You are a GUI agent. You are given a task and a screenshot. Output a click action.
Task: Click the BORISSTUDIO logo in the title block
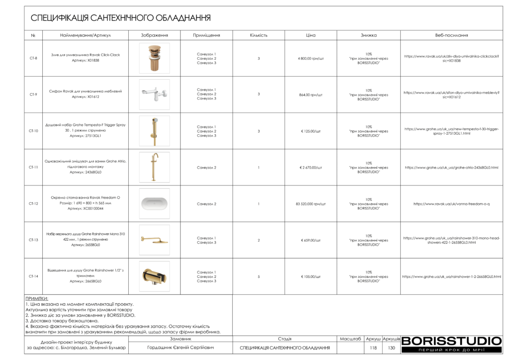(x=451, y=341)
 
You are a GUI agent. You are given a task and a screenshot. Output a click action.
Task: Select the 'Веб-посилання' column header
(x=451, y=35)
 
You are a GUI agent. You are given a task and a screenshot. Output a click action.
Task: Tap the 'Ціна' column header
(x=311, y=35)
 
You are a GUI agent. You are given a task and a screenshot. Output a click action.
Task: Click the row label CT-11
(x=33, y=168)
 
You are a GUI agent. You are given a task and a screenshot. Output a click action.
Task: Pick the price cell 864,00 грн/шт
(x=311, y=94)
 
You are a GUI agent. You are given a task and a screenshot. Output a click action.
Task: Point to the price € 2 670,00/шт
(x=311, y=168)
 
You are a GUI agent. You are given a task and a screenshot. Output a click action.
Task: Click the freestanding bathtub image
(x=154, y=204)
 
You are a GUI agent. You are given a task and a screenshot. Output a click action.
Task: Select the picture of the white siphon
(x=154, y=94)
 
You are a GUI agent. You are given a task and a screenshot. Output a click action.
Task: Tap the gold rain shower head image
(x=154, y=240)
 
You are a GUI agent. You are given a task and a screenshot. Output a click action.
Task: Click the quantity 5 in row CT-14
(x=258, y=276)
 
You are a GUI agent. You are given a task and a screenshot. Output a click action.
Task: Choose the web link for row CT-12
(x=451, y=204)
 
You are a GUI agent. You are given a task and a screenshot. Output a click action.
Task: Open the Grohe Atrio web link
(x=451, y=168)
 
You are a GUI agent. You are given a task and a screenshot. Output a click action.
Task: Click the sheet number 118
(x=373, y=348)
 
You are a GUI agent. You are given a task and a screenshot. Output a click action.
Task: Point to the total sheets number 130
(x=391, y=348)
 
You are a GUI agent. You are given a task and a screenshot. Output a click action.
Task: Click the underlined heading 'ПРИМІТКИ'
(x=37, y=299)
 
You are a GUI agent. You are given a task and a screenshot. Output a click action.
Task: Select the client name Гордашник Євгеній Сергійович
(x=181, y=348)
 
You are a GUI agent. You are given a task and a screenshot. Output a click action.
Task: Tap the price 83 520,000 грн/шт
(x=311, y=204)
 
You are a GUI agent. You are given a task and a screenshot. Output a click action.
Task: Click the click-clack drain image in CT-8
(x=154, y=58)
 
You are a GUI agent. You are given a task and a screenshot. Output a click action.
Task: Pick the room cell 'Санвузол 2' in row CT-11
(x=206, y=168)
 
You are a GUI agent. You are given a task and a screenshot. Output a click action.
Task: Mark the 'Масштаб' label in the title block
(x=350, y=339)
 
